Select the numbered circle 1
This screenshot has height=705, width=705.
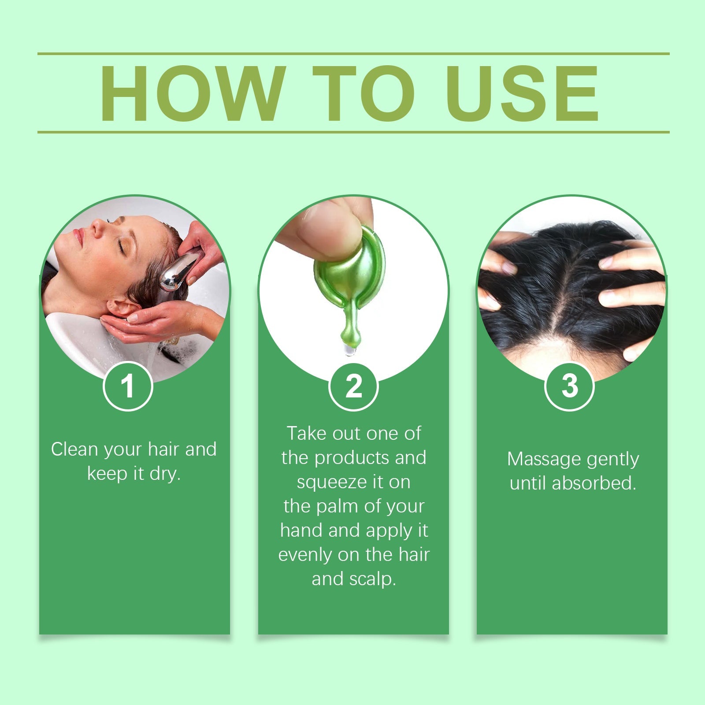pyautogui.click(x=128, y=386)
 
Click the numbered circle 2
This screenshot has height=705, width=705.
pyautogui.click(x=353, y=386)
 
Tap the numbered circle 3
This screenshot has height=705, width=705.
pyautogui.click(x=569, y=386)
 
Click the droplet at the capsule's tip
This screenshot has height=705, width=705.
pyautogui.click(x=349, y=350)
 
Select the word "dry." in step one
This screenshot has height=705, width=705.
pyautogui.click(x=165, y=474)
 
